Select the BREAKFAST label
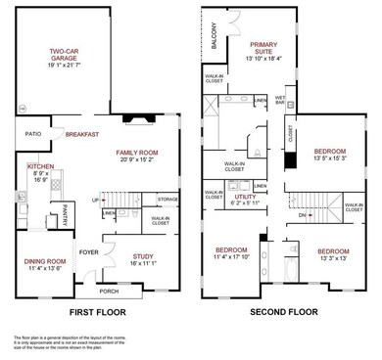pos(82,134)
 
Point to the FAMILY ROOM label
pos(138,154)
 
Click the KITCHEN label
pos(26,167)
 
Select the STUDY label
pos(142,258)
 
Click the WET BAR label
pos(280,100)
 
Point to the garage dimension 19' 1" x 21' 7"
pos(66,67)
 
